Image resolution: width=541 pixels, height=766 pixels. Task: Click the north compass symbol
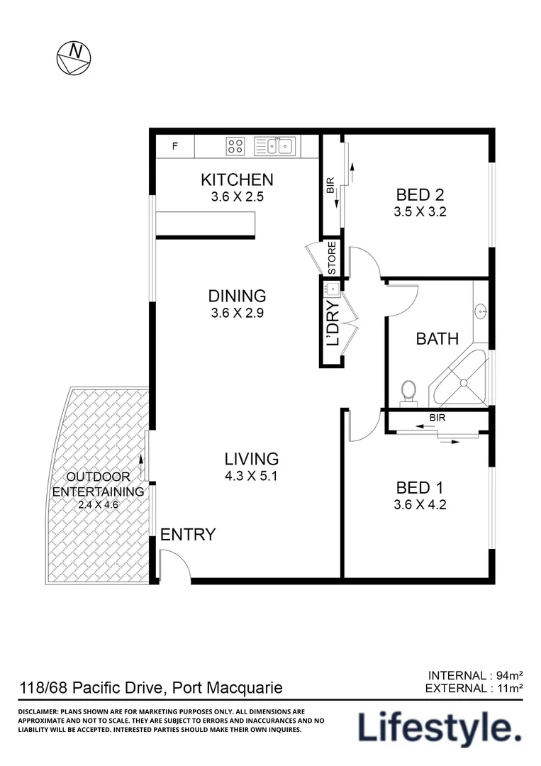click(x=74, y=57)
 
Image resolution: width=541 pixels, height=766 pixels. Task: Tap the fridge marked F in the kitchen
click(x=175, y=147)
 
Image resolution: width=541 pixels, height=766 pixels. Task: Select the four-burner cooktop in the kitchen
click(x=236, y=147)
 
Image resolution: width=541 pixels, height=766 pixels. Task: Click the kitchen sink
click(x=276, y=146)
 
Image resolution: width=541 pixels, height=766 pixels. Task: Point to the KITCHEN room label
click(x=237, y=180)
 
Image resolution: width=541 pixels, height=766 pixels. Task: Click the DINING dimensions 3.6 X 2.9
click(x=237, y=313)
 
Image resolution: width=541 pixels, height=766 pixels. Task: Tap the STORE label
click(x=332, y=258)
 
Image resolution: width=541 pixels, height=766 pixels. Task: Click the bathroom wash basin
click(x=481, y=310)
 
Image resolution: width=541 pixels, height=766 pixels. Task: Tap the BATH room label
click(x=437, y=339)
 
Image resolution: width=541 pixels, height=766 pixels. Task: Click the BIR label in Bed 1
click(x=437, y=418)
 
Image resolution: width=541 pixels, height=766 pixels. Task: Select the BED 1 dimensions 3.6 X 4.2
click(x=420, y=505)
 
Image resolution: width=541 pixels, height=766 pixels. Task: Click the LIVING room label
click(x=252, y=459)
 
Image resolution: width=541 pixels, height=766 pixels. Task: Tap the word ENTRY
click(x=188, y=535)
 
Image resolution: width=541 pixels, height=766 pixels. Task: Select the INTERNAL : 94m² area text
click(x=476, y=675)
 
